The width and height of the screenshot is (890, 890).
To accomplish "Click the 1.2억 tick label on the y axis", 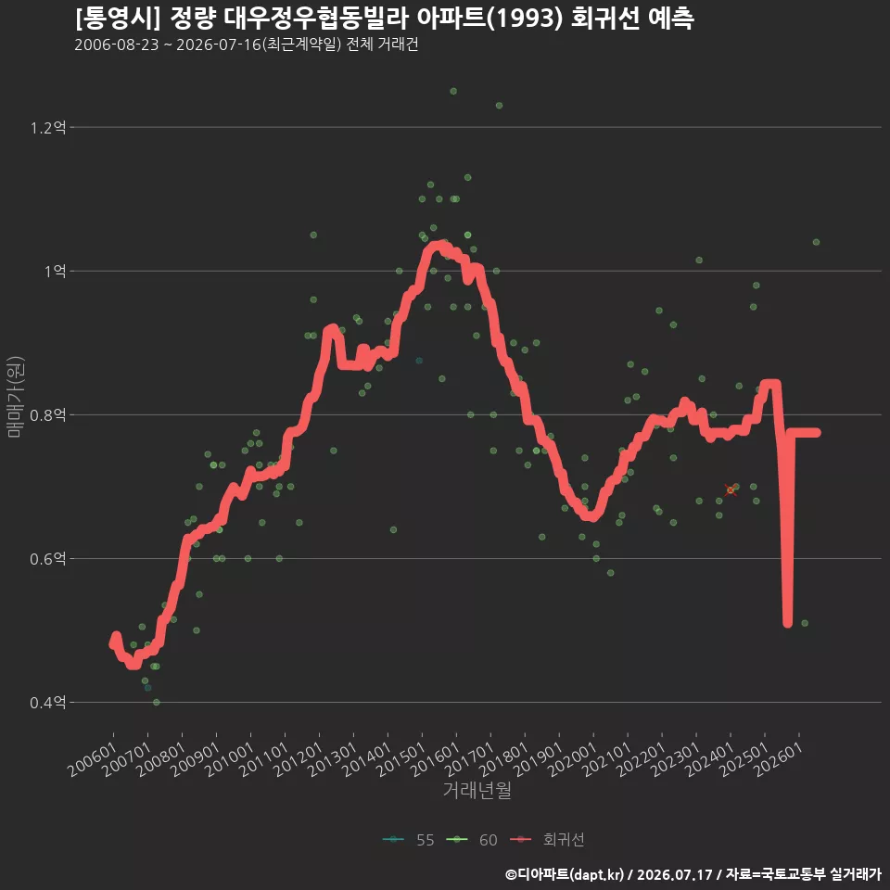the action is tap(48, 128).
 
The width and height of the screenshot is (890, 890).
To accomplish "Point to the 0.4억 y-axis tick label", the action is tap(48, 703).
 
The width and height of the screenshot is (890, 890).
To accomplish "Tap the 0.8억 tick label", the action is tap(48, 415).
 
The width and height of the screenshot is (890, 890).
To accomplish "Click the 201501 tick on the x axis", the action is tap(401, 759).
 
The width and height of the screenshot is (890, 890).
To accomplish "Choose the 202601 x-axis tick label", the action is tap(779, 759).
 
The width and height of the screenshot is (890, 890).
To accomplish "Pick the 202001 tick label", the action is tap(573, 759).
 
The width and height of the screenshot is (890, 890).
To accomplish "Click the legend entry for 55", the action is tap(409, 840).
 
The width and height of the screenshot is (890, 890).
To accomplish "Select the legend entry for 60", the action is tap(472, 840).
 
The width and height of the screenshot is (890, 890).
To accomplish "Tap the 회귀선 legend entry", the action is tap(547, 840).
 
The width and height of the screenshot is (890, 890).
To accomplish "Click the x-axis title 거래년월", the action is tap(477, 790).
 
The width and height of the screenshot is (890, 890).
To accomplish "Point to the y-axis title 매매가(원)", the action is tap(15, 397).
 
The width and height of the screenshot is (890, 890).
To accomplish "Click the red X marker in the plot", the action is tap(731, 489).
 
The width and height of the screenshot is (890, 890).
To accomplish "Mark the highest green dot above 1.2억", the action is tap(453, 92).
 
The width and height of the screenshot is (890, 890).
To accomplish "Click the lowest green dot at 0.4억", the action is tap(157, 703).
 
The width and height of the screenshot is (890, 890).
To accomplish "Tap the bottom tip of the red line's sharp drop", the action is tap(787, 624).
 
